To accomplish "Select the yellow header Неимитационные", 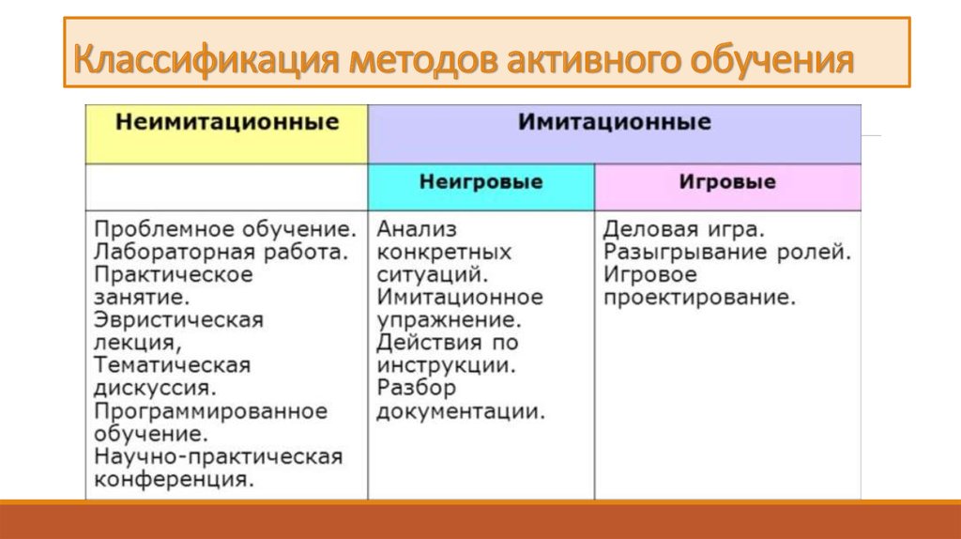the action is click(227, 121).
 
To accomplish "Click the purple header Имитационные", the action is click(614, 121).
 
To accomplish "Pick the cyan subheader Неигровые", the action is click(481, 181).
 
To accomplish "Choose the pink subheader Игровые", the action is click(727, 181).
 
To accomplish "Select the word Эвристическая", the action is click(178, 320).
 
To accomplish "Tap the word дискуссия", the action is click(155, 388).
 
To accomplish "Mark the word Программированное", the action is click(211, 411).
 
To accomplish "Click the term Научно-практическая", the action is click(218, 456).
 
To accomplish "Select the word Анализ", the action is click(417, 229).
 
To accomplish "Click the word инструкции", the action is click(446, 365).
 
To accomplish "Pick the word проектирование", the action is click(699, 298).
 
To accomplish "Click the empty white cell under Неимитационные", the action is click(227, 188).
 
